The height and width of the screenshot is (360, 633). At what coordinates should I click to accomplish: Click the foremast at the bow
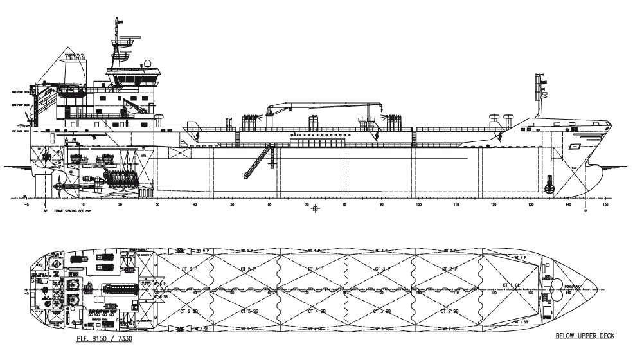coord(539,96)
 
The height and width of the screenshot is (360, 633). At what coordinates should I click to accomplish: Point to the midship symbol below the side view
coord(316,208)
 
